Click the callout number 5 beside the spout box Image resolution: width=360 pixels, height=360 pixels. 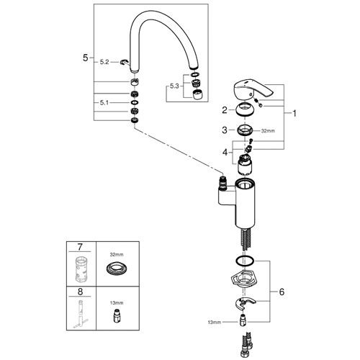coord(86,58)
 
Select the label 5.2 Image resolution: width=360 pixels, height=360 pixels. coord(104,62)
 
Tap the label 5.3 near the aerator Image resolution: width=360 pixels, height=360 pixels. coord(174,86)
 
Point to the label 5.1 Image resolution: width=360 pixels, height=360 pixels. coord(104,103)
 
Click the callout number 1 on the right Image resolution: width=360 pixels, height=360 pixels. coord(294,113)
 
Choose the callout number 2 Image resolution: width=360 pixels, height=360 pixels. coord(225,110)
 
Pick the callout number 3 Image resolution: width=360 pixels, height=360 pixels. coord(225,130)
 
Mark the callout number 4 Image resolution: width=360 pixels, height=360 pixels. coord(225,152)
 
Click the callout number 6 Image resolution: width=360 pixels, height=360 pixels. coord(282,292)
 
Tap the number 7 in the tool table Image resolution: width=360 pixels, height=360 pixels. coord(80,247)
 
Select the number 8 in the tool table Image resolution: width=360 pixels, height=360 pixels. coord(80,292)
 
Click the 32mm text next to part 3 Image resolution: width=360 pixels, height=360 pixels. coord(268,131)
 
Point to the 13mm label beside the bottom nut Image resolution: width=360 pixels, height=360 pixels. coord(215,323)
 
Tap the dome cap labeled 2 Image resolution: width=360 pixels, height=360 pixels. coord(245,109)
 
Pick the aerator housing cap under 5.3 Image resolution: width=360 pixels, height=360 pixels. coord(197,94)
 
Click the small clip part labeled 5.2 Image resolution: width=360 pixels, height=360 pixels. coord(124,62)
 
